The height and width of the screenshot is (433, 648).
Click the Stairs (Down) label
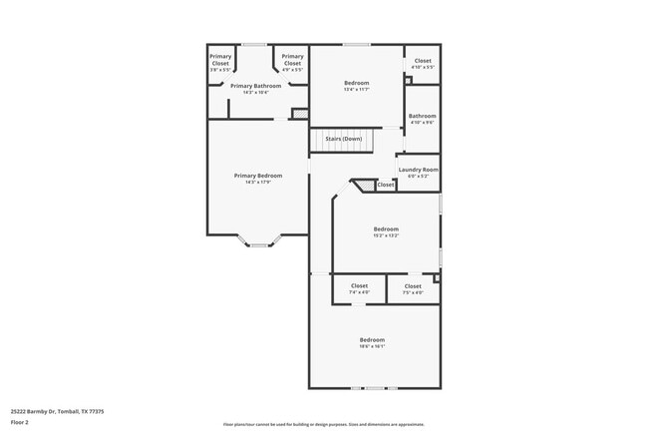click(343, 139)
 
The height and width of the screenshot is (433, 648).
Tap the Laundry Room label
click(418, 170)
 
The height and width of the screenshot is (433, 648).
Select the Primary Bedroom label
click(251, 176)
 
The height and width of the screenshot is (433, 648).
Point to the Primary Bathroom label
click(255, 86)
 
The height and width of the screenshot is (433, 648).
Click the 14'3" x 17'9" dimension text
click(251, 182)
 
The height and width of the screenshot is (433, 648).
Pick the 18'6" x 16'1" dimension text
click(372, 346)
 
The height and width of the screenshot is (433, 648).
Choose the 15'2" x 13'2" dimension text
click(386, 235)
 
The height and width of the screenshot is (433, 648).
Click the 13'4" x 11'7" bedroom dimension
click(357, 89)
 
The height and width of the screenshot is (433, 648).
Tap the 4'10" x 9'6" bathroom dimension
click(422, 123)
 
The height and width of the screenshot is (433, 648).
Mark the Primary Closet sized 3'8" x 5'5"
click(220, 63)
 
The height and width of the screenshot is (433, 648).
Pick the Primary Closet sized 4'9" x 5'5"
click(292, 63)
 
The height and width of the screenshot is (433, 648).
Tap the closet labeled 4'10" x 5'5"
click(423, 64)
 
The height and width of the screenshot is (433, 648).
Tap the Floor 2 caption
click(20, 422)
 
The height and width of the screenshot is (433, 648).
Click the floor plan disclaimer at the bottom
click(323, 423)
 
